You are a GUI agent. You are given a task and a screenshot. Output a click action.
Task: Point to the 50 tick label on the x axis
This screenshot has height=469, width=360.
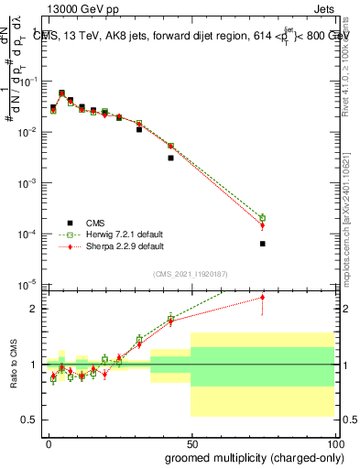[x=191, y=442]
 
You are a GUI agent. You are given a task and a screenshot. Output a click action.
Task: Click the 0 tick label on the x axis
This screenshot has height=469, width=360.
[x=48, y=442]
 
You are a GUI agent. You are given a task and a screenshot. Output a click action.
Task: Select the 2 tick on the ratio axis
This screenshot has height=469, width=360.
[x=34, y=309]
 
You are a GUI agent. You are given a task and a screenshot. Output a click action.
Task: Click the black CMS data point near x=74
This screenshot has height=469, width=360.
[x=262, y=244]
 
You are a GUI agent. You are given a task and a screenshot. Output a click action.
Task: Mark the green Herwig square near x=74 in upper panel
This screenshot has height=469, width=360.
[x=262, y=218]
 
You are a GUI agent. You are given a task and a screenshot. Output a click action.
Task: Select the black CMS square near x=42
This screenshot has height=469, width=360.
[x=170, y=158]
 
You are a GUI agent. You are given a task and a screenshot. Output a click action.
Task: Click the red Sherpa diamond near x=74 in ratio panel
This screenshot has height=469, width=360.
[x=262, y=297]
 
